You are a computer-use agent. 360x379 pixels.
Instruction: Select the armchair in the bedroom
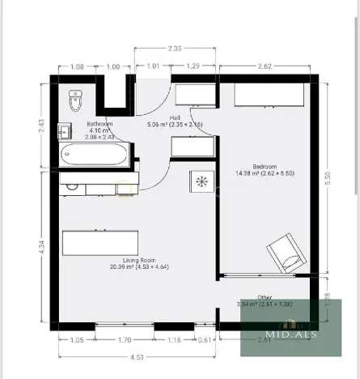(x=288, y=253)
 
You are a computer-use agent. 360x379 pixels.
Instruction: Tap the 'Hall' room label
(x=174, y=119)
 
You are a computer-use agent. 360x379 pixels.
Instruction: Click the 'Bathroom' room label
(x=100, y=124)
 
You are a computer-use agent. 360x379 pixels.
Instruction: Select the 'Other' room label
(x=265, y=297)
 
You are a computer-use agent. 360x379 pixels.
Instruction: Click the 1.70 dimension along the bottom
(x=124, y=340)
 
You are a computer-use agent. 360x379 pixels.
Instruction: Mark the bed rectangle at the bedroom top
(x=268, y=95)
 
